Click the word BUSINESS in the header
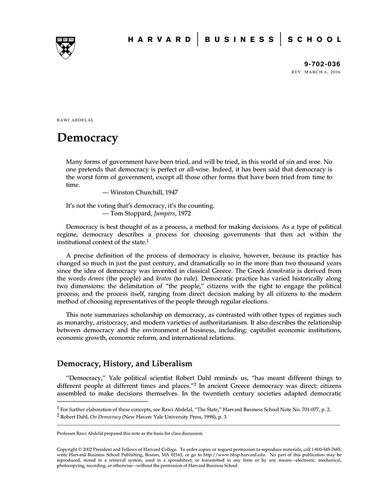(x=239, y=40)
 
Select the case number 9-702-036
(x=322, y=64)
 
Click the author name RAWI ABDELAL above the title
(x=74, y=119)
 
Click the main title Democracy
(x=87, y=138)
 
